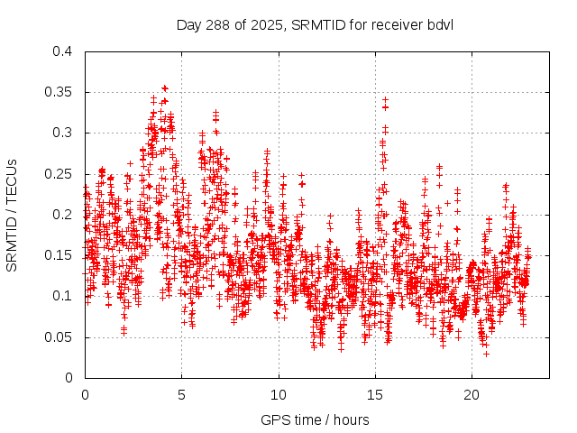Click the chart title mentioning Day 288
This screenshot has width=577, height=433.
point(315,23)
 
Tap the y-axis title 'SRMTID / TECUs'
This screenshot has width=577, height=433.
point(12,215)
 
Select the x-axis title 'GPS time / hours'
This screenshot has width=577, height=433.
point(315,419)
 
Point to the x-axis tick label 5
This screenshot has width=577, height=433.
point(181,395)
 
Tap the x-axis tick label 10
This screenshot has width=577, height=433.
point(279,395)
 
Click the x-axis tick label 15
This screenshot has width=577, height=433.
point(375,395)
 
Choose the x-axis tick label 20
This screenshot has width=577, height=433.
point(472,395)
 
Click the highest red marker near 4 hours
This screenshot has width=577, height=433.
point(164,88)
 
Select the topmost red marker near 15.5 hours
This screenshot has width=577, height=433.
point(385,99)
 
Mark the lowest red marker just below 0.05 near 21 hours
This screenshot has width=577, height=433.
point(486,353)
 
